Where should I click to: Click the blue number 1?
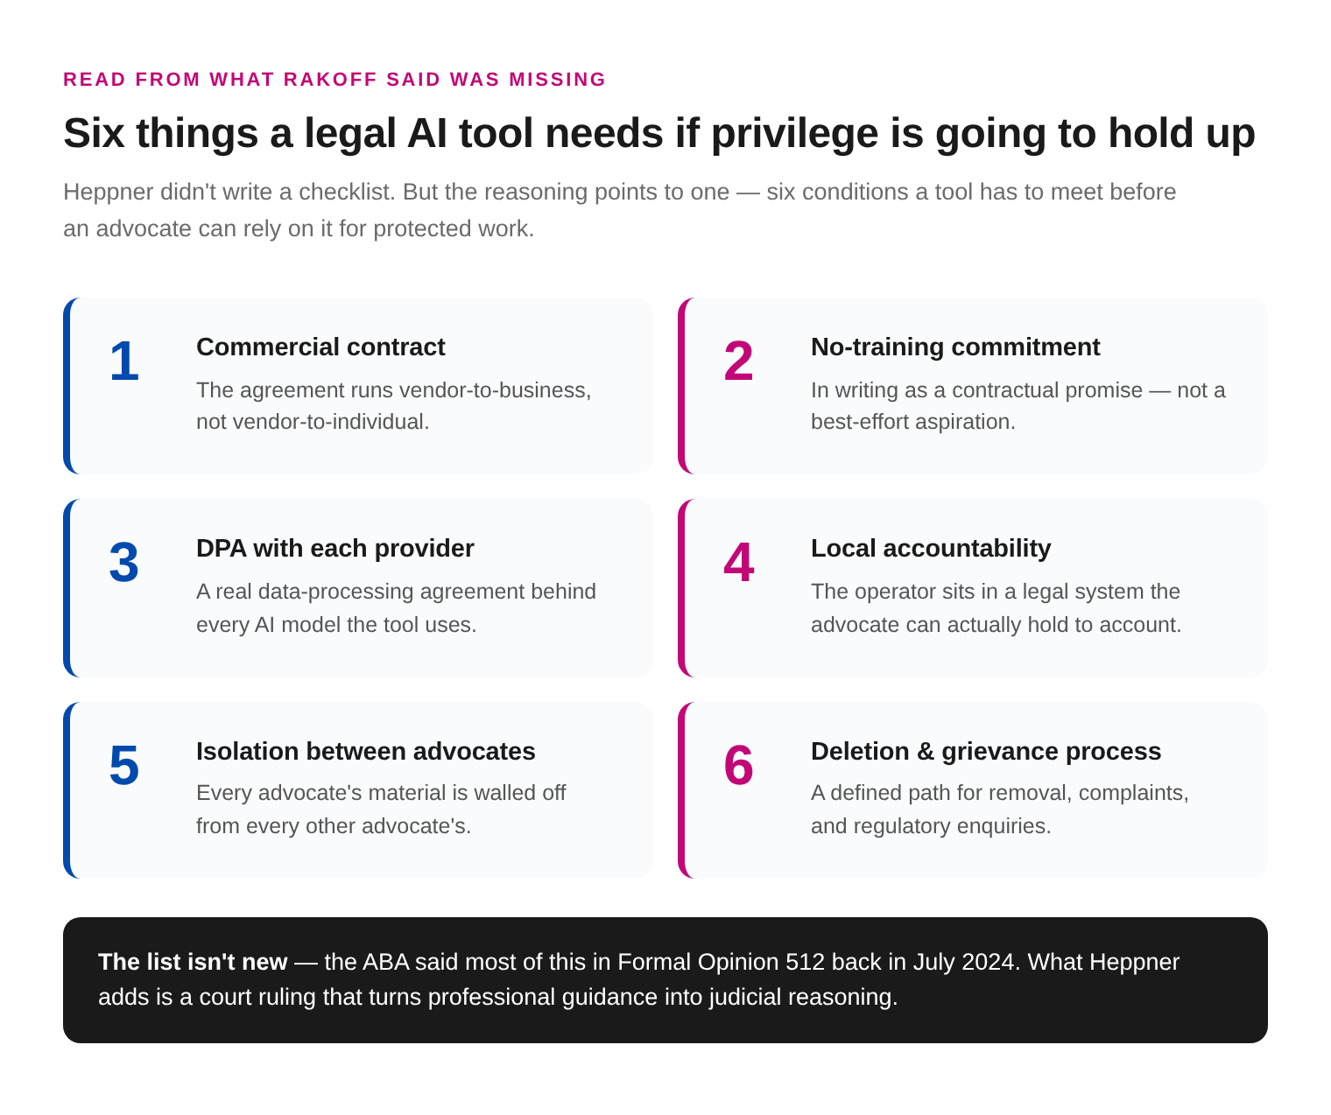coord(124,361)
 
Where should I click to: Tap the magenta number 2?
coord(738,361)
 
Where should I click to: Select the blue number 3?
coord(123,563)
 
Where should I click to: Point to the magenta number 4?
coord(739,563)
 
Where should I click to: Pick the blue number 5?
coord(123,765)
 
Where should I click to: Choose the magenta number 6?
coord(738,765)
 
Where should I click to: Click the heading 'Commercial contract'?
coord(320,347)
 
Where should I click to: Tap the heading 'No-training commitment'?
coord(954,347)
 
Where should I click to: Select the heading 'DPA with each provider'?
coord(335,549)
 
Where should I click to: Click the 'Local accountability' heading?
coord(931,549)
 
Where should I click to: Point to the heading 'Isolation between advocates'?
coord(366,751)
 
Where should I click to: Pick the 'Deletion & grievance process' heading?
coord(986,752)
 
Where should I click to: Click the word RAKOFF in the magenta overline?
coord(329,80)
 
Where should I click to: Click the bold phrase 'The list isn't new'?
coord(193,962)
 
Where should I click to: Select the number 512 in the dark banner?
coord(805,962)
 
